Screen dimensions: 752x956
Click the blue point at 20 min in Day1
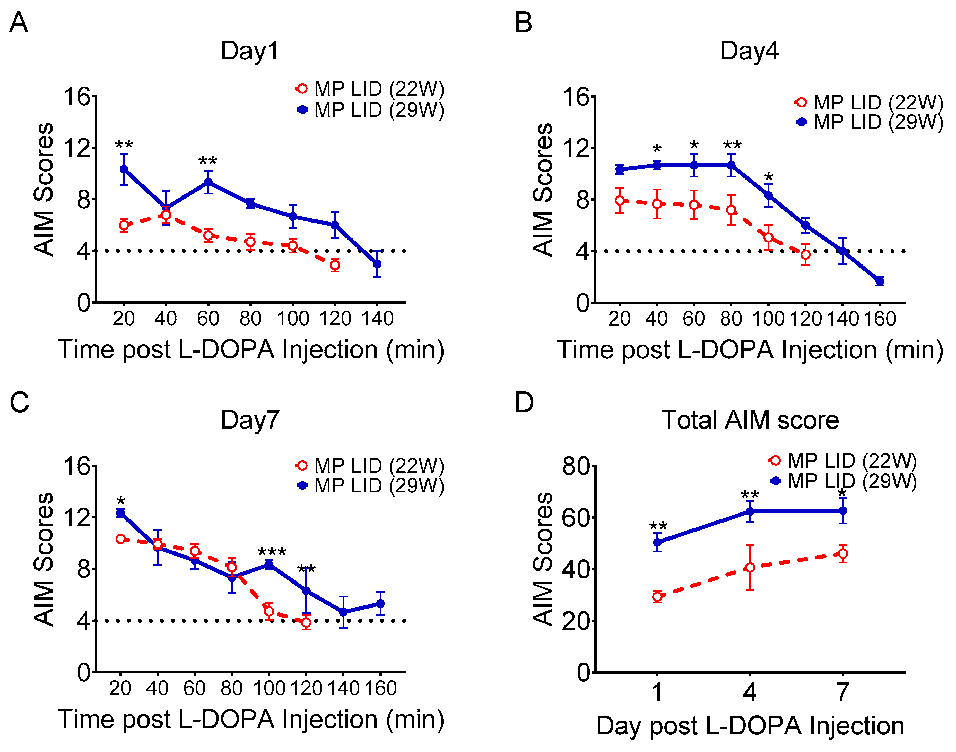coord(124,169)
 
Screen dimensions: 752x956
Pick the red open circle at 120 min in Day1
coord(335,265)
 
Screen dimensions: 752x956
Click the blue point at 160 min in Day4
coord(880,281)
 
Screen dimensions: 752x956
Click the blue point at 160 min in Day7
coord(380,604)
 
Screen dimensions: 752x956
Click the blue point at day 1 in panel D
coord(657,542)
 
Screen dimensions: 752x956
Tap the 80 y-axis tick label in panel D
coord(576,466)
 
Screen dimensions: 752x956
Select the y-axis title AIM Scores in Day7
coord(44,559)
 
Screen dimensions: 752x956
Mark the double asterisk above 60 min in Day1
coord(208,161)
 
